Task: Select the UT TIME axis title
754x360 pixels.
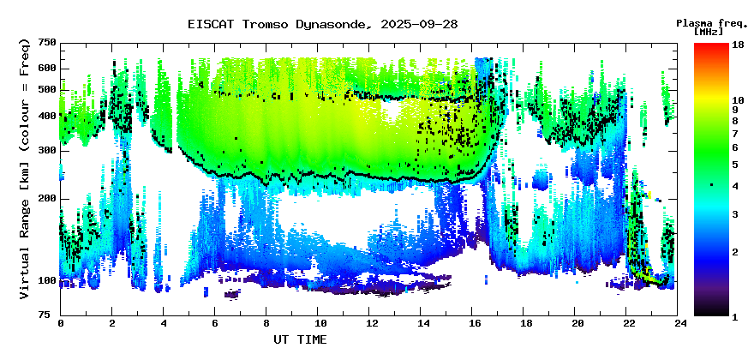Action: [300, 340]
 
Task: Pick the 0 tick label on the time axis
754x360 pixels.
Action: [61, 323]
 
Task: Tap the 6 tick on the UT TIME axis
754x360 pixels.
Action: [216, 323]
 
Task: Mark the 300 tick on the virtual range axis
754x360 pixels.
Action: [46, 151]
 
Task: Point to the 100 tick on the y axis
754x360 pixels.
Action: [46, 280]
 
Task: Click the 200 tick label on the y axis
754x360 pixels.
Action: [46, 199]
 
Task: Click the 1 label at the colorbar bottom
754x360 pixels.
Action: [734, 315]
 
